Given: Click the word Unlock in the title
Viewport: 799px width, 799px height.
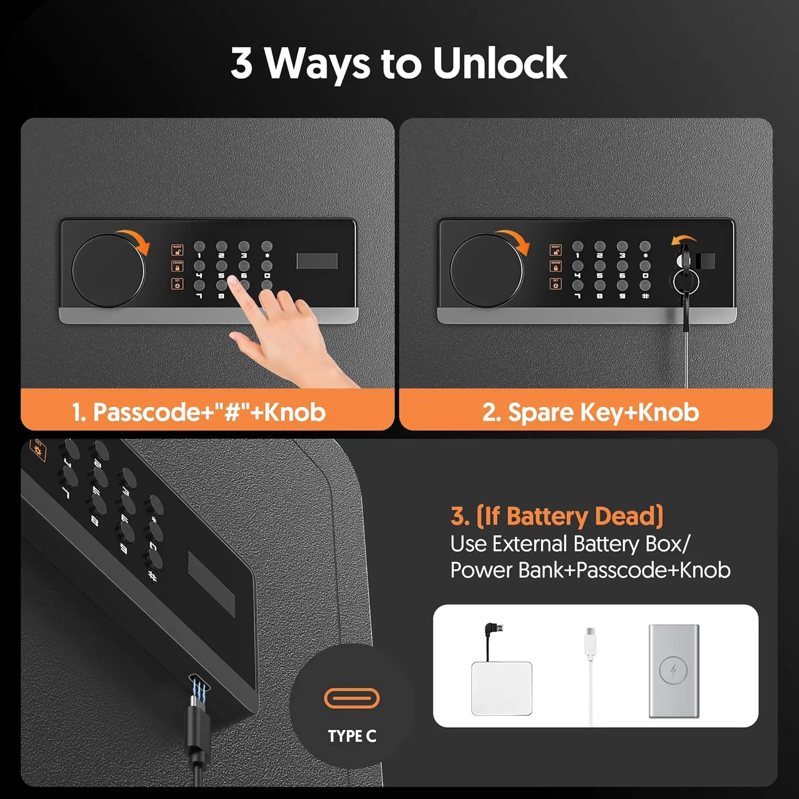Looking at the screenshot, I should pos(499,63).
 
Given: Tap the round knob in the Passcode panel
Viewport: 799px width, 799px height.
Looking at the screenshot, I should pos(108,271).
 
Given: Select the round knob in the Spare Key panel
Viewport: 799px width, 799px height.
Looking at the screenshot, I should pos(486,271).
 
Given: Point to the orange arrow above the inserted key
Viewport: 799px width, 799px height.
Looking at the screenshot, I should pos(683,240).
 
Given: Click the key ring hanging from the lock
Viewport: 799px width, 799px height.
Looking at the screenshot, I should pos(685,282).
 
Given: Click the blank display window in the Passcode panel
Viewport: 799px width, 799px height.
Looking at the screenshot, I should pos(317,261).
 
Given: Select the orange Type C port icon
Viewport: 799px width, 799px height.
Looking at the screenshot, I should pos(352,698).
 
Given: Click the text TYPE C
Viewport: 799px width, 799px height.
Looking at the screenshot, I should pos(352,736).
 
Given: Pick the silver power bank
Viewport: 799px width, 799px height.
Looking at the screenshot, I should pos(674,671).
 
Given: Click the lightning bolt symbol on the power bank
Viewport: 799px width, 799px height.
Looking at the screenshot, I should pos(673,671).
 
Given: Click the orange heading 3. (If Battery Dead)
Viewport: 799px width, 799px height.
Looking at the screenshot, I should pos(557,516).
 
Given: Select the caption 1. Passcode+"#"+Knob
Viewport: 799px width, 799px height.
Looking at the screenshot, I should pos(199,412).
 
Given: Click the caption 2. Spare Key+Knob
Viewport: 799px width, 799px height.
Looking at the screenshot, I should pos(590,412).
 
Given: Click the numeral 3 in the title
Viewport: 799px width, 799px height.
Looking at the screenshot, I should pos(241,63).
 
